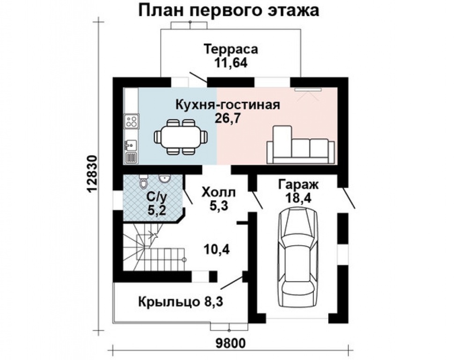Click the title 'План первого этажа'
tap(229, 10)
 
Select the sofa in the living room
tap(300, 146)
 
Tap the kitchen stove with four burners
tap(131, 122)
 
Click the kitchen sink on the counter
tap(131, 143)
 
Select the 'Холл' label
tap(219, 192)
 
